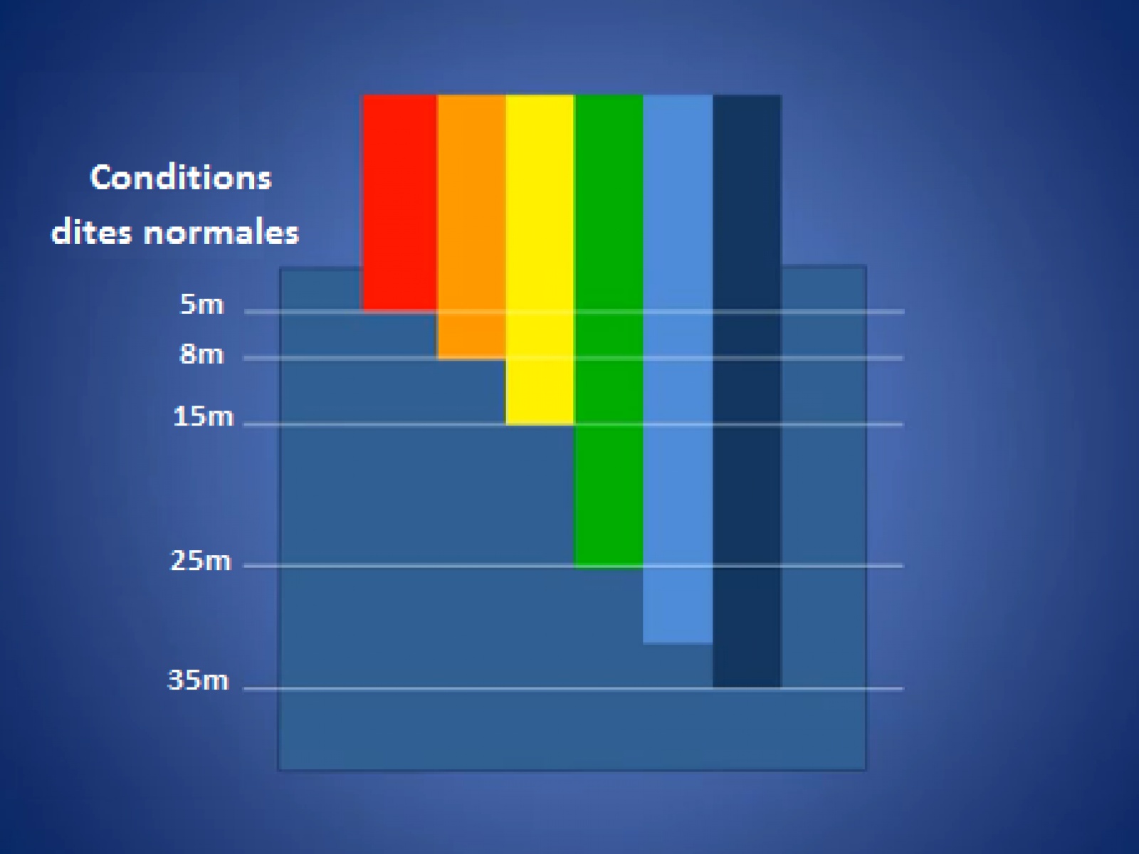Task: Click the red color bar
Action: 400,203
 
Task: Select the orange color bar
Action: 472,226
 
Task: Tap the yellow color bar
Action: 540,260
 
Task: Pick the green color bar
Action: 609,332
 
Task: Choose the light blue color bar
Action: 678,369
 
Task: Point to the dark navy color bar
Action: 747,391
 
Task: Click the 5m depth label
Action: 202,305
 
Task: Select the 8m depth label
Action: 202,354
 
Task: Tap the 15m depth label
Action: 204,417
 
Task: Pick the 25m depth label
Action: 201,561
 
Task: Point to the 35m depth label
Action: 198,680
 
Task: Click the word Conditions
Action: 181,177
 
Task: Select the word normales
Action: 221,232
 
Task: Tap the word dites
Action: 92,232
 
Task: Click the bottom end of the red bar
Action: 400,310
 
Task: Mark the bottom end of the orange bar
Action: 472,358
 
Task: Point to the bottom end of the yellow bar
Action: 540,425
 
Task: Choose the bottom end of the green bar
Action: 609,568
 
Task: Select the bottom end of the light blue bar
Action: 678,643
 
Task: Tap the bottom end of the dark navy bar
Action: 747,687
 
